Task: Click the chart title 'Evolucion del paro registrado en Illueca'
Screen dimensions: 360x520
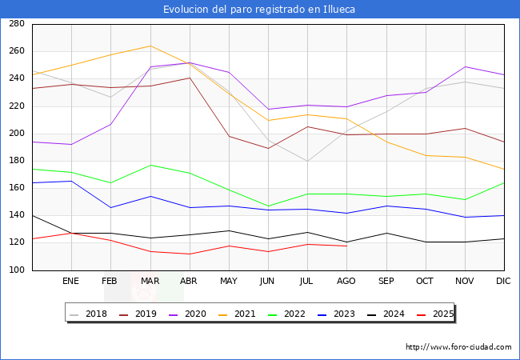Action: [x=259, y=10]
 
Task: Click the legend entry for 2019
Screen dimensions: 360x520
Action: [x=141, y=314]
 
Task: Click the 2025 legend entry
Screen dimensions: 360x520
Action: [x=442, y=314]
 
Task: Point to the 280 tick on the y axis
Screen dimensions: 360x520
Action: [x=16, y=24]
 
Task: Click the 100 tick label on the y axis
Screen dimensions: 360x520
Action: [x=16, y=270]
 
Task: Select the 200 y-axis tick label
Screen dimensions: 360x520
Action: [x=16, y=134]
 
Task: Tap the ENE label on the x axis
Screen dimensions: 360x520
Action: [x=71, y=282]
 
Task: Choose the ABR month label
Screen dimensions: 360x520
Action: [x=189, y=282]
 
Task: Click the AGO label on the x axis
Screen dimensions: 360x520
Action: [x=346, y=282]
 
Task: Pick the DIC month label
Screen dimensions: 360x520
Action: [x=503, y=282]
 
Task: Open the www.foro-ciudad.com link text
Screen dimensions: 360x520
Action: [x=458, y=347]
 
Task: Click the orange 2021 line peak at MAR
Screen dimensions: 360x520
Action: [x=150, y=46]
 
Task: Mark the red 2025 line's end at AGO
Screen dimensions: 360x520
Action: [x=346, y=246]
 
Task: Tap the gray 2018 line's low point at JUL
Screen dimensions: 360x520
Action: [x=307, y=161]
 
